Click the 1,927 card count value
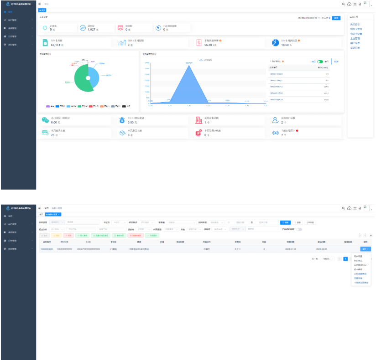coord(91,30)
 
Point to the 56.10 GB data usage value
coord(211,45)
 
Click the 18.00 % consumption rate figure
coord(286,45)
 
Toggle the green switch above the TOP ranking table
coord(320,61)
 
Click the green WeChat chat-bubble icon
coord(45,120)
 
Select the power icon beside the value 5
coord(45,28)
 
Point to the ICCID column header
coord(88,242)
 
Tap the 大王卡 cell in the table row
coord(237,249)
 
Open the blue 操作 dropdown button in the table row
coord(365,249)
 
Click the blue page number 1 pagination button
coord(345,258)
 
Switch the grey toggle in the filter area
coord(299,229)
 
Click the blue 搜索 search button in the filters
coord(285,222)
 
